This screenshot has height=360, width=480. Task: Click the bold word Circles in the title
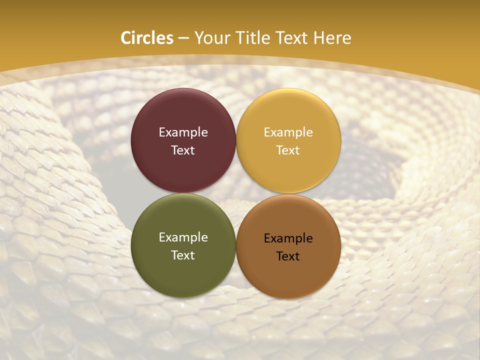[x=146, y=38]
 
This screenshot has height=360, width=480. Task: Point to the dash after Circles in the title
[x=183, y=38]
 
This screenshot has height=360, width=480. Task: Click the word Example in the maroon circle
[x=183, y=132]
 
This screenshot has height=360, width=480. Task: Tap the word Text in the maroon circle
[x=183, y=150]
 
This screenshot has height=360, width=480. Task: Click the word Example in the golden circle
[x=288, y=132]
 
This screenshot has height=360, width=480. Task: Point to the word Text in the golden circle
[x=288, y=150]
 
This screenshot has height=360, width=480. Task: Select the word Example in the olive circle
[x=183, y=237]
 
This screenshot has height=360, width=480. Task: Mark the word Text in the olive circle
[x=183, y=255]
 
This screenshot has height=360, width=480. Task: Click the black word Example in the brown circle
[x=288, y=238]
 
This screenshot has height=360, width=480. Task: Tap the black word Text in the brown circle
[x=288, y=256]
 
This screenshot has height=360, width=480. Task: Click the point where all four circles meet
[x=236, y=193]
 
